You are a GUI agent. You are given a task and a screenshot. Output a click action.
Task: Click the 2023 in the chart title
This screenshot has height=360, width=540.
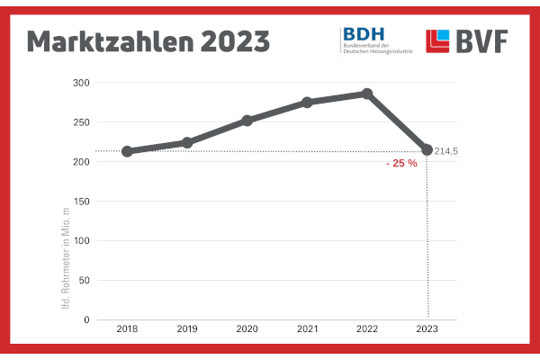[x=237, y=40]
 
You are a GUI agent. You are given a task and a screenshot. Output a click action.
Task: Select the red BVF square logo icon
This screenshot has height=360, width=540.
[x=438, y=41]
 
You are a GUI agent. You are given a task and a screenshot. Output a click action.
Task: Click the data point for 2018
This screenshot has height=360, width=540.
[x=127, y=151]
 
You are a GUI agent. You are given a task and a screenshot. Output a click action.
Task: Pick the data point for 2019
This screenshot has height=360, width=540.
[x=187, y=142]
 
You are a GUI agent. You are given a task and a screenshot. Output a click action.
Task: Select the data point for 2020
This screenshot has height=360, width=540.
[x=247, y=120]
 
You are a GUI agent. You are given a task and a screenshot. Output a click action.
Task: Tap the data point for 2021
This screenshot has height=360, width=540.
[x=307, y=103]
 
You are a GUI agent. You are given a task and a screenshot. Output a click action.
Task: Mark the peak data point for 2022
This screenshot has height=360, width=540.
[x=367, y=94]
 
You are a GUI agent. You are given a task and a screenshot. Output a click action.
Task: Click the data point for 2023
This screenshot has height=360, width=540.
[x=427, y=149]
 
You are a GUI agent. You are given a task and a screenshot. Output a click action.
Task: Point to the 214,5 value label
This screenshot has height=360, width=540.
[x=446, y=151]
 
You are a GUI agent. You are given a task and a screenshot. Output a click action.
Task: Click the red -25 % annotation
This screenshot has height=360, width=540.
[x=400, y=164]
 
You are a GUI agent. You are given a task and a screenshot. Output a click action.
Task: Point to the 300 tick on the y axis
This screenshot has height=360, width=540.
[x=82, y=83]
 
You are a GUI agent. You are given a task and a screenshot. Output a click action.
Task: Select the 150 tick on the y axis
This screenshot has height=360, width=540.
[x=82, y=202]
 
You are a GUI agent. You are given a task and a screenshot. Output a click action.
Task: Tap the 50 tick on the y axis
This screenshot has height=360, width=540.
[x=85, y=281]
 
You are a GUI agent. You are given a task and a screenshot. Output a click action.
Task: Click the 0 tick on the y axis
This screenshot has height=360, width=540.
[x=87, y=320]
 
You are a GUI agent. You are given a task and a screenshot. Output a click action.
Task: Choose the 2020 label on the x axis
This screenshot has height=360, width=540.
[x=247, y=330]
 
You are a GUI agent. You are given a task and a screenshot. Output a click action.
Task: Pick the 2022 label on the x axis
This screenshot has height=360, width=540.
[x=367, y=330]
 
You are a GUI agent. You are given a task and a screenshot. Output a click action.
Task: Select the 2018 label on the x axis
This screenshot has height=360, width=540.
[x=127, y=330]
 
